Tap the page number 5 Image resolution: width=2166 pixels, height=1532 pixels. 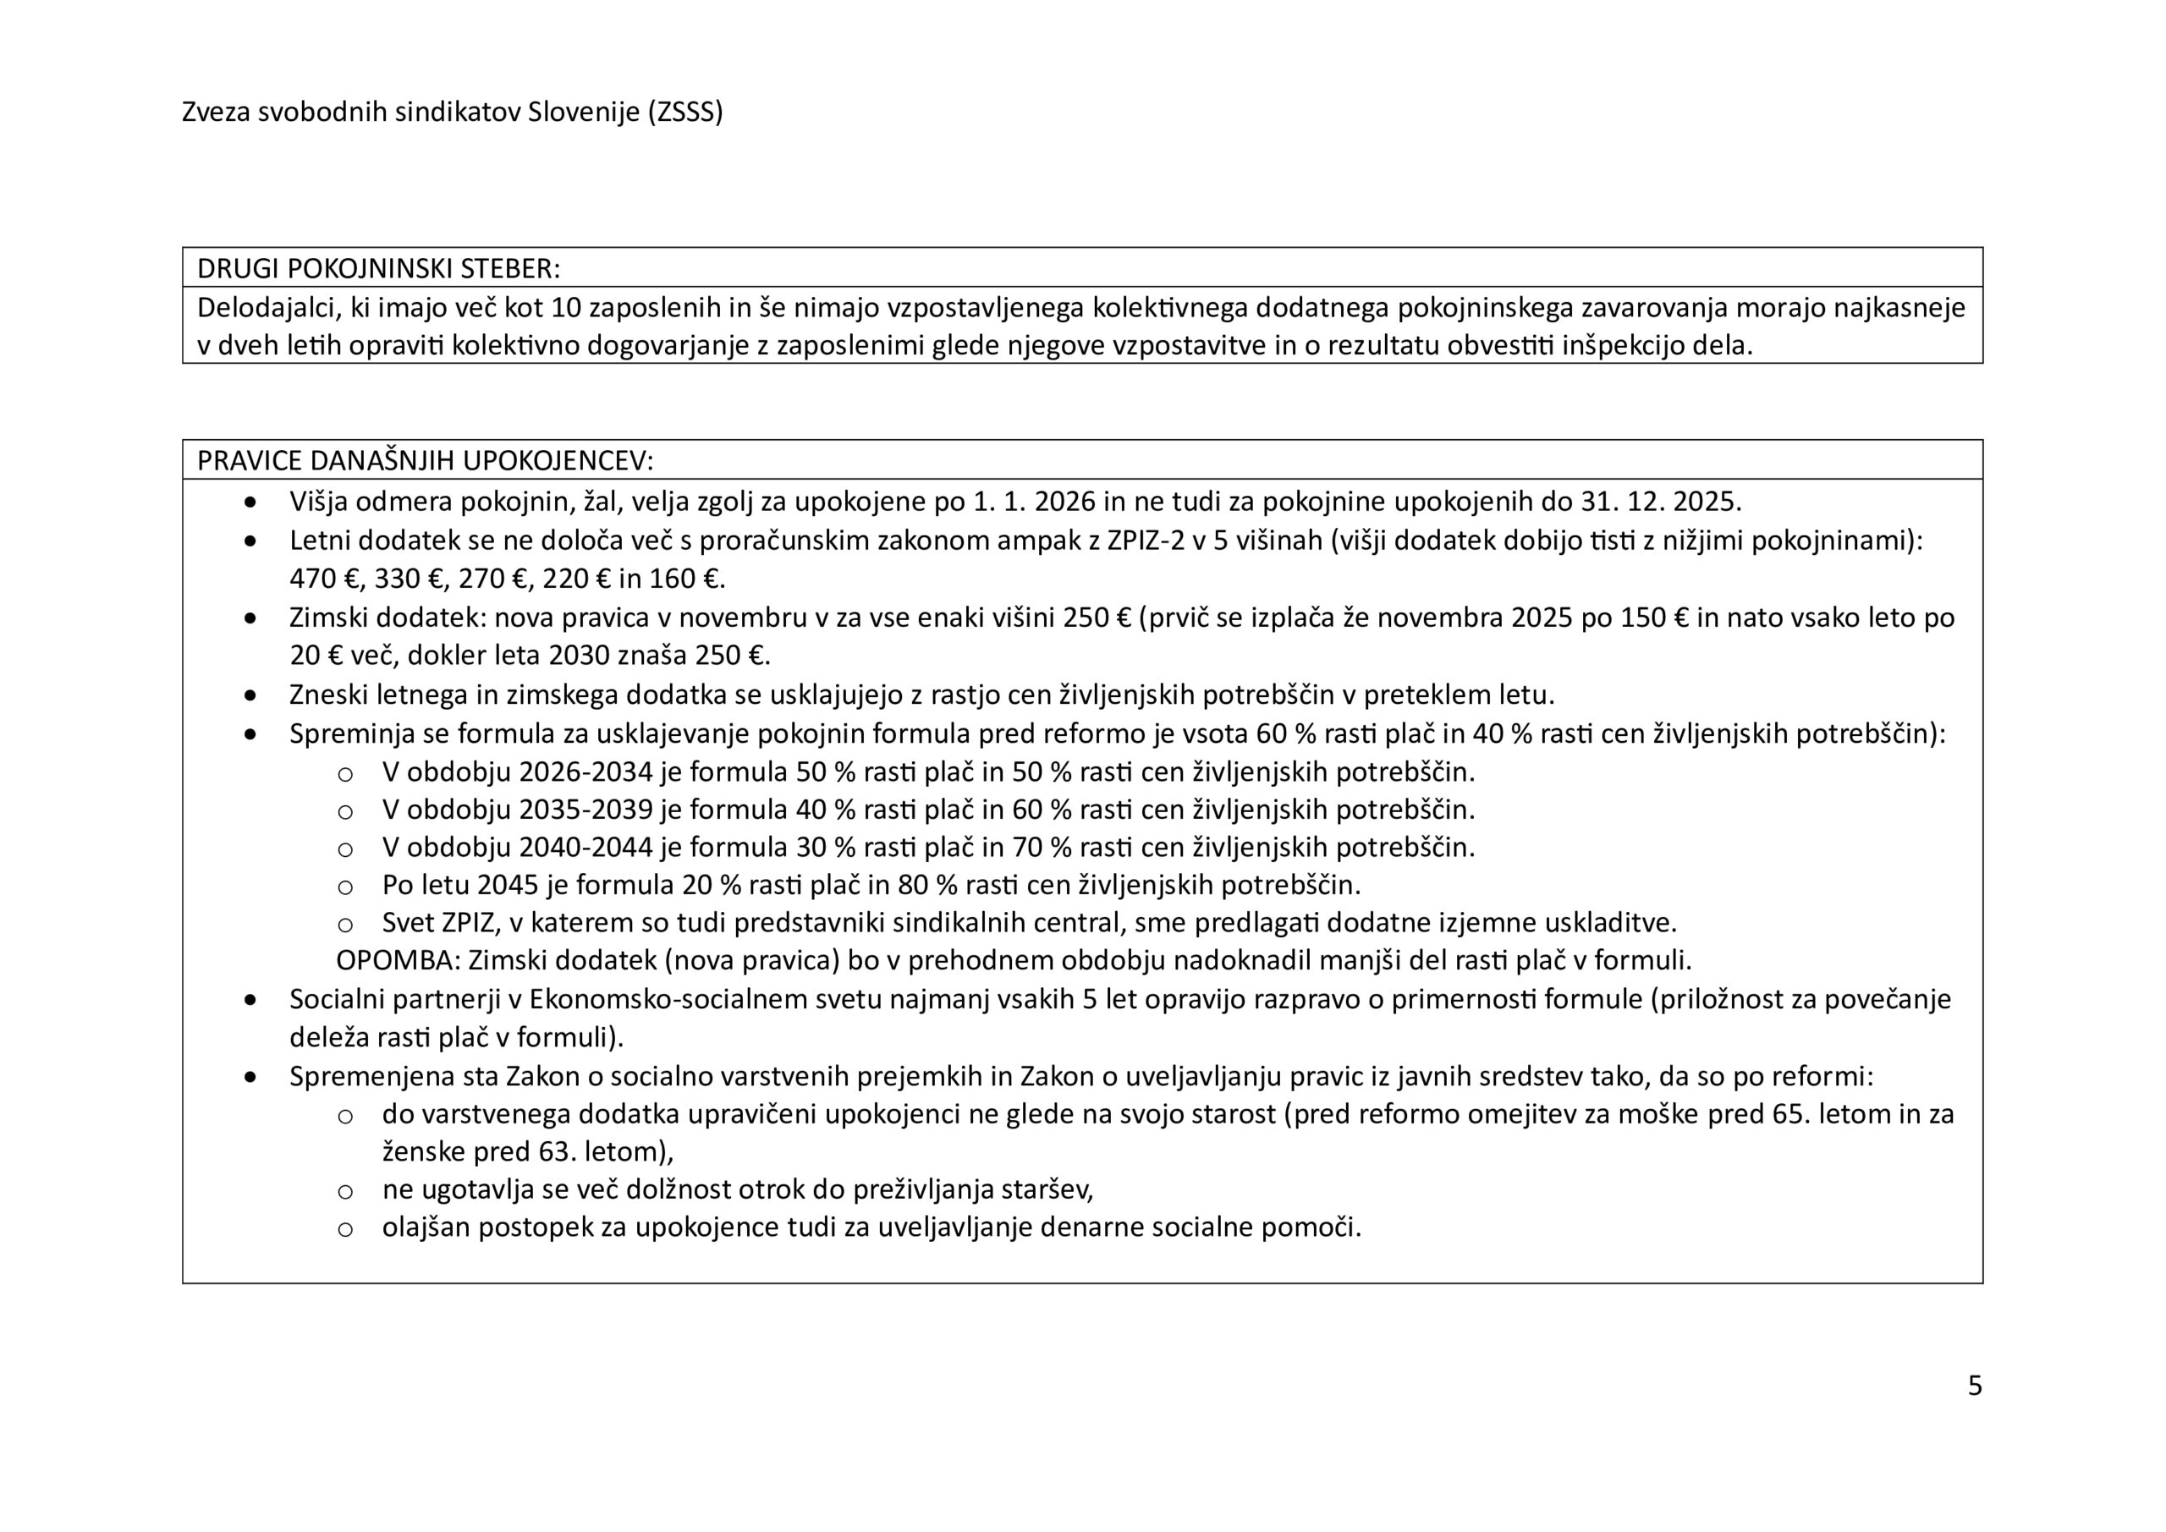(1975, 1386)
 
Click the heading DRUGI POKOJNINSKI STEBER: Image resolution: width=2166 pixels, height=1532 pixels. (378, 269)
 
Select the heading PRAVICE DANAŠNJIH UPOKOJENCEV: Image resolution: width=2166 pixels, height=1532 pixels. (425, 461)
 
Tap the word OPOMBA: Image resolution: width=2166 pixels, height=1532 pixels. (397, 961)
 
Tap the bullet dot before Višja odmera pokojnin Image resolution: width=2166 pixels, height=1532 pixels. (250, 502)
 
